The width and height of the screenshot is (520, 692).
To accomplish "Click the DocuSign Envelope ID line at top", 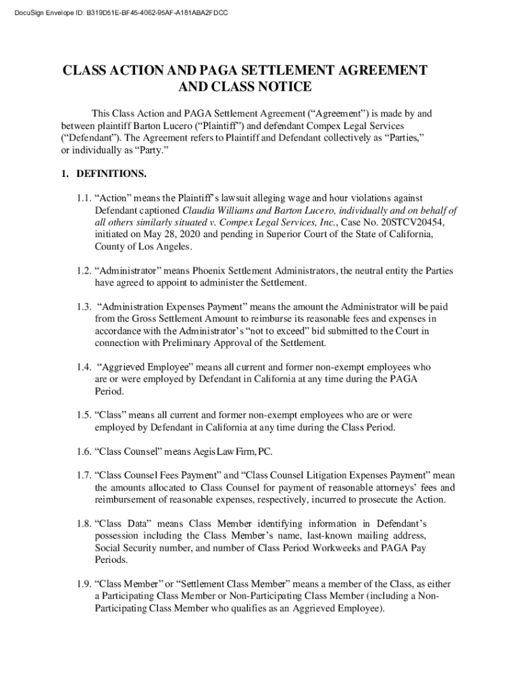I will pos(115,13).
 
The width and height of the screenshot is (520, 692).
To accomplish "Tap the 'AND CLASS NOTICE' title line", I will pos(244,87).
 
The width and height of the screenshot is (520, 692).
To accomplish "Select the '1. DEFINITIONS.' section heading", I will pos(103,174).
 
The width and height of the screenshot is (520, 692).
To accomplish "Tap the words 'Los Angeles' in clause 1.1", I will pos(147,247).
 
